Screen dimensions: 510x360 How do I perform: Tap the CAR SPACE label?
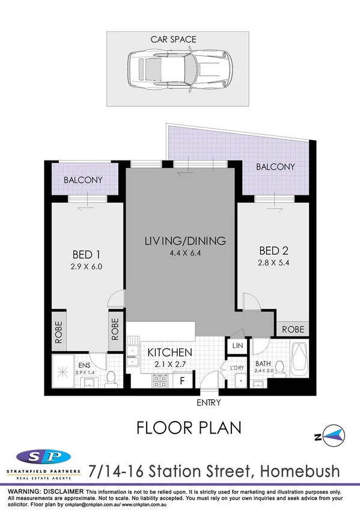click(173, 39)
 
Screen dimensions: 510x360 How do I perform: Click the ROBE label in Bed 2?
click(293, 330)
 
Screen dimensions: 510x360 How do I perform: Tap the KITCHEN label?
click(161, 352)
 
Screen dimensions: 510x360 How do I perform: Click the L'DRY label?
click(236, 368)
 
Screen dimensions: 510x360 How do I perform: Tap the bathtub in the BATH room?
click(299, 361)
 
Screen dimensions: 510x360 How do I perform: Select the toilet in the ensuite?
click(111, 376)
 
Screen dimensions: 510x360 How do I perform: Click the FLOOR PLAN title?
click(189, 428)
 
